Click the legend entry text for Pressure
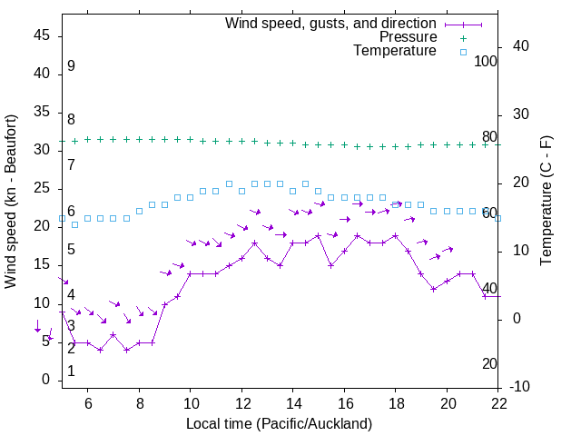408,37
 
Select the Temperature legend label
395,52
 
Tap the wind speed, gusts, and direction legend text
330,23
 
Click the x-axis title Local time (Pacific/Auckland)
279,424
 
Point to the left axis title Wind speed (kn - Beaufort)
11,202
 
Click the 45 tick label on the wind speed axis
42,35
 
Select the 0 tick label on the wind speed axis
46,380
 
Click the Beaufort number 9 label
71,66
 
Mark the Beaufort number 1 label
71,372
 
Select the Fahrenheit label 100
487,61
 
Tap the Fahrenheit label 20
489,363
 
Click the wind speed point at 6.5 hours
101,350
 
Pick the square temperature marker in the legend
463,52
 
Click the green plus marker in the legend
463,37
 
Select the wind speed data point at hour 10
191,273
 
